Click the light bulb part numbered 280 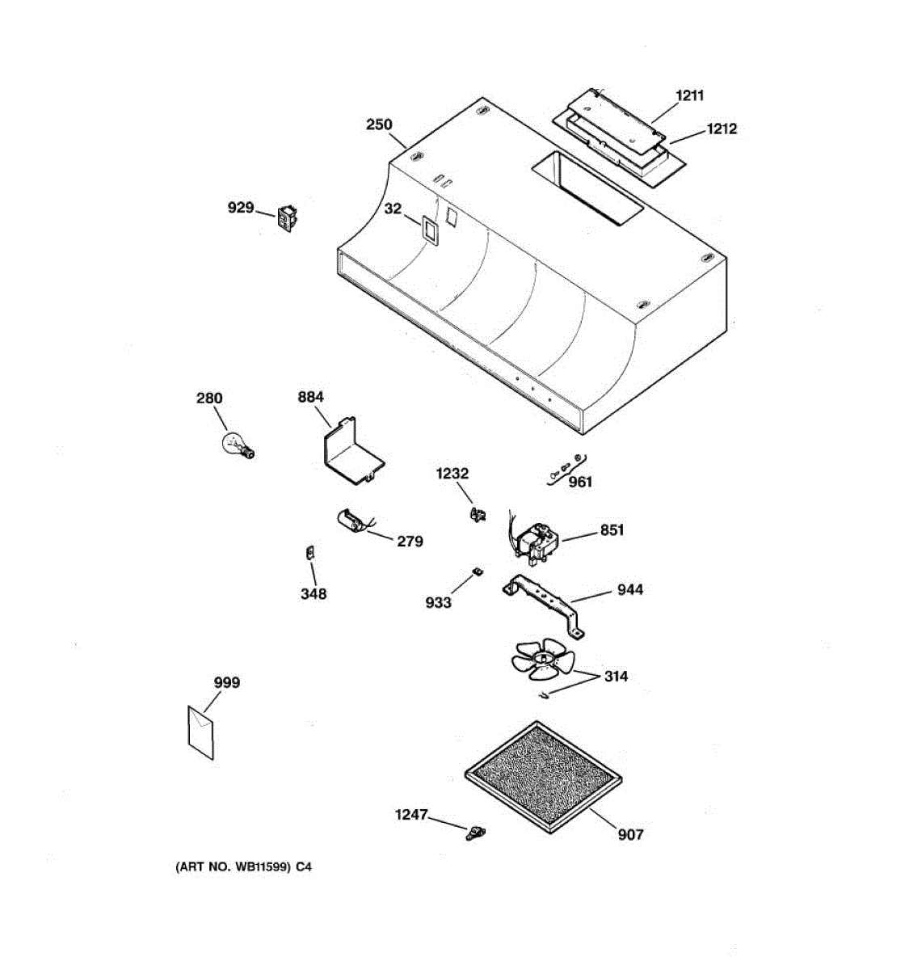pyautogui.click(x=236, y=445)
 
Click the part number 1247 pyautogui.click(x=410, y=815)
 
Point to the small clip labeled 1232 pyautogui.click(x=478, y=512)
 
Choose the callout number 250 pyautogui.click(x=379, y=124)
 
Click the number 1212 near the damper pyautogui.click(x=722, y=129)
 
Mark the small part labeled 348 pyautogui.click(x=308, y=553)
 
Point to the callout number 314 pyautogui.click(x=616, y=676)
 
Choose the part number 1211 pyautogui.click(x=689, y=95)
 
